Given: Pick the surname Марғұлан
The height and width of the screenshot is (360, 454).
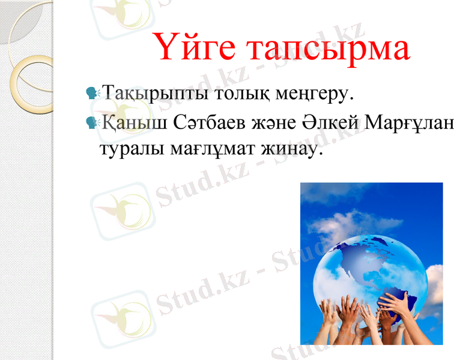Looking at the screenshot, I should [x=420, y=124].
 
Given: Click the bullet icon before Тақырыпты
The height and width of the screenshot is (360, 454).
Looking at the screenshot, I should [x=92, y=94].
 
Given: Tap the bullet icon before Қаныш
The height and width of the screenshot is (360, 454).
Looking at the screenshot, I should [x=92, y=123].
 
